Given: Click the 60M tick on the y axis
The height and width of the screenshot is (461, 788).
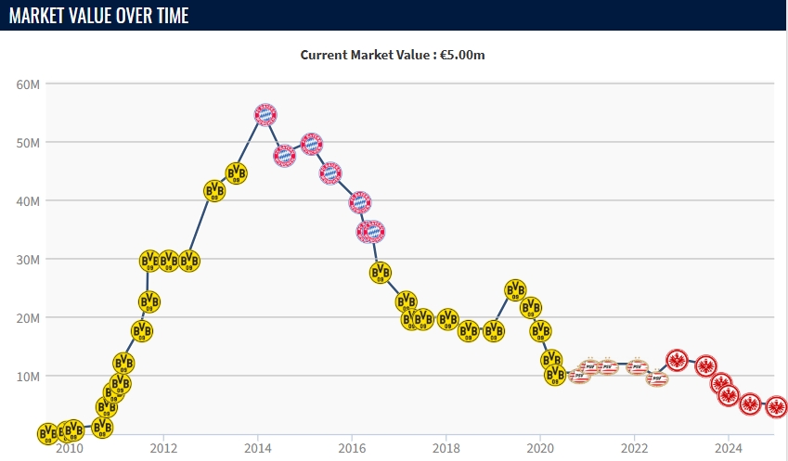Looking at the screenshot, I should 28,84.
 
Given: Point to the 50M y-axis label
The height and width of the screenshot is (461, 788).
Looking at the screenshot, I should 28,143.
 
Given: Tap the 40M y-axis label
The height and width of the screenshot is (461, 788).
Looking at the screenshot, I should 28,201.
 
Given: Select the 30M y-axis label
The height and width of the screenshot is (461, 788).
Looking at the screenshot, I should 28,260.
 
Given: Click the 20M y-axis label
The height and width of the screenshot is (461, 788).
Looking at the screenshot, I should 28,318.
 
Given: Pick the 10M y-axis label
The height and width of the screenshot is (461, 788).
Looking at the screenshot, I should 28,377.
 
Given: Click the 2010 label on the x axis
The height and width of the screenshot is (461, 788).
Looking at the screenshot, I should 69,449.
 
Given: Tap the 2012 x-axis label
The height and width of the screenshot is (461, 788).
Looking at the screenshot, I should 163,449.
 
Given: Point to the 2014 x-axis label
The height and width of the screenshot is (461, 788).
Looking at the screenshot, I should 257,449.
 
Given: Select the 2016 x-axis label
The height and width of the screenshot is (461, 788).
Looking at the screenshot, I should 352,449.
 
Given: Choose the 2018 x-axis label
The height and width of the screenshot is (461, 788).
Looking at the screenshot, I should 446,449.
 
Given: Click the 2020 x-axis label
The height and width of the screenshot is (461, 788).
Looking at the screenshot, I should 540,449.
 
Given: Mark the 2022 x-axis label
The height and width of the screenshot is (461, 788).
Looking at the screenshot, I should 634,449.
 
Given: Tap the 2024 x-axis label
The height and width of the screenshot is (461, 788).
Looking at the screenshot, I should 729,449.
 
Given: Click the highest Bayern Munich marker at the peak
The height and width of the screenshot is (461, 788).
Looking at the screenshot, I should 265,114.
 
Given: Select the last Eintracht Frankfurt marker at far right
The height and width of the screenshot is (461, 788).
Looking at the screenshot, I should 776,407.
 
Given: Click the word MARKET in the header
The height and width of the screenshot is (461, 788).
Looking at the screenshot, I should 38,15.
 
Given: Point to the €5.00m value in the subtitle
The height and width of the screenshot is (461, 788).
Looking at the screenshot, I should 464,55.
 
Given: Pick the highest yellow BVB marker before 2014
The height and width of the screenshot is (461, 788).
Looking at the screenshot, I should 237,173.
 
